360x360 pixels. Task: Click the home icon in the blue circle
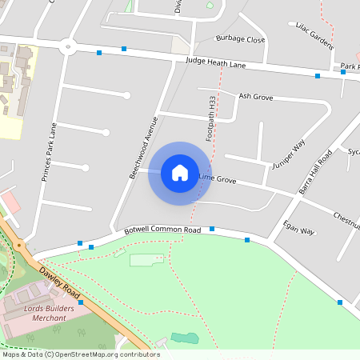click(180, 173)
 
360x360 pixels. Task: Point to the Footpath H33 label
click(212, 119)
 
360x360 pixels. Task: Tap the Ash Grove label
click(256, 97)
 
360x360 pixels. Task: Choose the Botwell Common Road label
click(162, 230)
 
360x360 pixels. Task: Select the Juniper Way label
click(289, 154)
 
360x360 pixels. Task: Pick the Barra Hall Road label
click(315, 172)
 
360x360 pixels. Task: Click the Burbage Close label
click(240, 39)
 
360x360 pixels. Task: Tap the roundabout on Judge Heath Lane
click(69, 46)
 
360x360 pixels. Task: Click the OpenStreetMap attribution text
click(80, 354)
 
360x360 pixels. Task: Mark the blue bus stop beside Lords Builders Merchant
click(81, 303)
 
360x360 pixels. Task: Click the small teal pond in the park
click(185, 338)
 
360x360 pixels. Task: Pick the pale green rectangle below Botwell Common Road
click(145, 260)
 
